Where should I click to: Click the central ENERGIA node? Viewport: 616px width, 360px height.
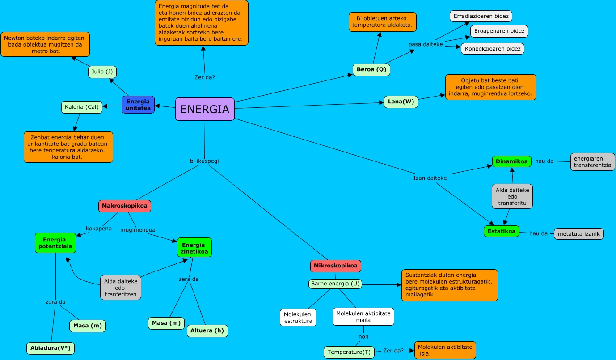tap(205, 109)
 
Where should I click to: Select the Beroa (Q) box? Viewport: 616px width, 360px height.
tap(371, 70)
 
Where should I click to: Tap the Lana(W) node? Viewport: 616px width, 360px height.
tap(401, 102)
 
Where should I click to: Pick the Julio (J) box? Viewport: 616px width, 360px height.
tap(102, 72)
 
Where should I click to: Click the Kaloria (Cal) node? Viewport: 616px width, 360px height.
tap(82, 107)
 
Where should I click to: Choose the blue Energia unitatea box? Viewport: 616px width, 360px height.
tap(138, 105)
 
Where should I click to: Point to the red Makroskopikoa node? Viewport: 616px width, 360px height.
tap(125, 206)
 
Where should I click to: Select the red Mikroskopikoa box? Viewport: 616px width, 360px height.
tap(335, 266)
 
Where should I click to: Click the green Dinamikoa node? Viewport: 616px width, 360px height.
tap(512, 161)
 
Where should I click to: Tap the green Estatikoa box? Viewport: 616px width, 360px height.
tap(502, 231)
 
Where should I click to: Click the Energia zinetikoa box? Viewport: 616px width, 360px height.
tap(194, 248)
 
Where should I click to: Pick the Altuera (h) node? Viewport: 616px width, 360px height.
tap(207, 331)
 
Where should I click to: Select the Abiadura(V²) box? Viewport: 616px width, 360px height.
tap(50, 348)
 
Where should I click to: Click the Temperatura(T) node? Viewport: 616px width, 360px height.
tap(349, 352)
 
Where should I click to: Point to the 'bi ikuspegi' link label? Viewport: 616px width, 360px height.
tap(204, 161)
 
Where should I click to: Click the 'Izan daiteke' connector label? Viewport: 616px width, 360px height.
tap(430, 178)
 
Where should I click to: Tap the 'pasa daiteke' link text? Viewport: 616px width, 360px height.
tap(426, 45)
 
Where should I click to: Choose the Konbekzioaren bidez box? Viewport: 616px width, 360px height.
tap(492, 49)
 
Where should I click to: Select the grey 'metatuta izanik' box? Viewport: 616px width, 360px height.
tap(579, 234)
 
